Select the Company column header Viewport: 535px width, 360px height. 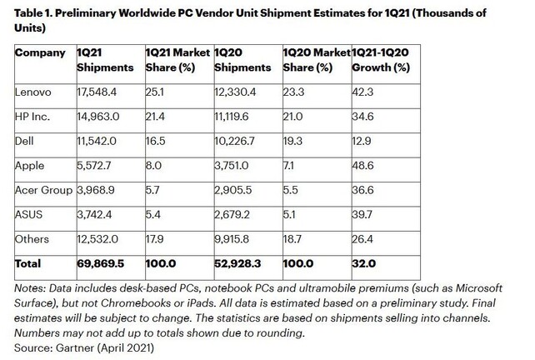coord(40,52)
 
